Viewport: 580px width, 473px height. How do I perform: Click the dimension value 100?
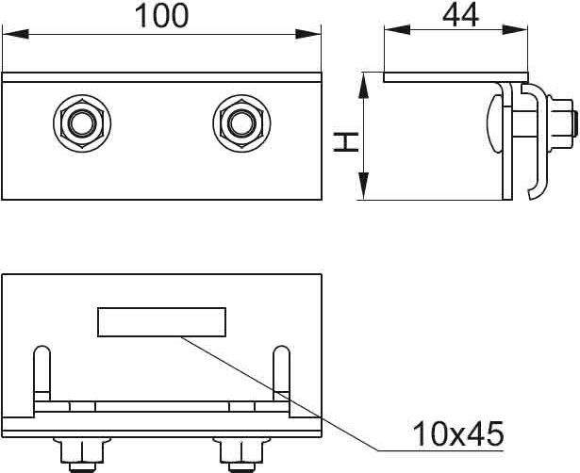(x=161, y=15)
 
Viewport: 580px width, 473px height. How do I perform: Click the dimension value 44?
(x=460, y=15)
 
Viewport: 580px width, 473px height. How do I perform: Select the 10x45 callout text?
(x=458, y=433)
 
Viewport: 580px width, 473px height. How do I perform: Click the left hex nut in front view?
(x=82, y=123)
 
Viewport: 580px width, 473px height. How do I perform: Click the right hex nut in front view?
(x=241, y=123)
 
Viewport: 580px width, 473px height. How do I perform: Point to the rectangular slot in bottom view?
(x=161, y=322)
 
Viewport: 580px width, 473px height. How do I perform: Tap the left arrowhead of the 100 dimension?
(x=15, y=34)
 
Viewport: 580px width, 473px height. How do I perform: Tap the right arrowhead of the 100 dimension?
(x=308, y=34)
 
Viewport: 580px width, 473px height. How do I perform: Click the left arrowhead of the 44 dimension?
(x=397, y=30)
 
